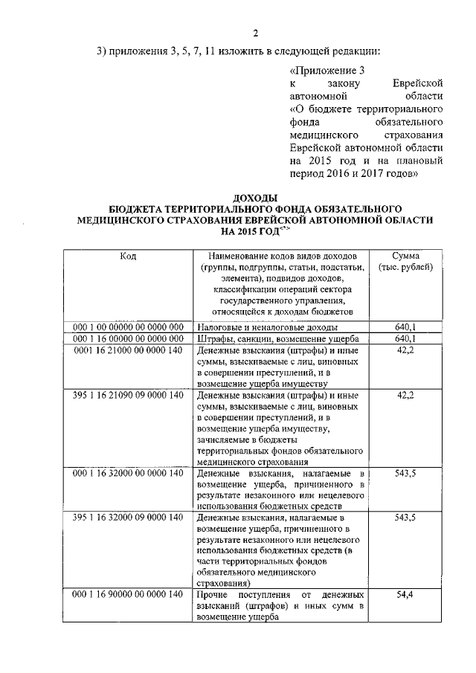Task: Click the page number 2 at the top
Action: [255, 33]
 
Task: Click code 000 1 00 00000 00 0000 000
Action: [128, 327]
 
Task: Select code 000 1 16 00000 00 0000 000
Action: [128, 338]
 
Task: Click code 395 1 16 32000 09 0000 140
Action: [128, 517]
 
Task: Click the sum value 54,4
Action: [405, 595]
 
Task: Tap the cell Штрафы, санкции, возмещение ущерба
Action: [278, 338]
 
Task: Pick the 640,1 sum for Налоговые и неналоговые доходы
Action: [405, 327]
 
